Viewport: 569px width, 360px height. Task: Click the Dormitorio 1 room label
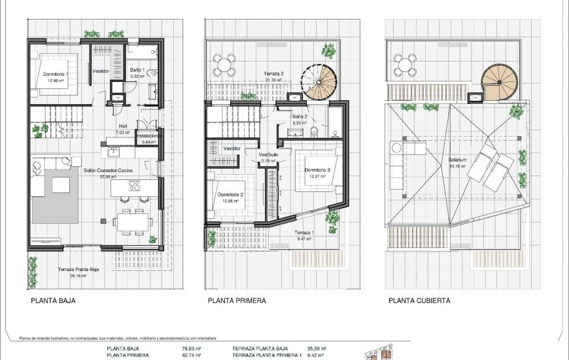56,74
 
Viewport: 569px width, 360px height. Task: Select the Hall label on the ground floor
122,128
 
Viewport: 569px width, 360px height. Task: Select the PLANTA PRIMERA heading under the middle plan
237,301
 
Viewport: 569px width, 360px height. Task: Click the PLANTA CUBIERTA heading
419,301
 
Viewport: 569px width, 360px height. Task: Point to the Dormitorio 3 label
317,170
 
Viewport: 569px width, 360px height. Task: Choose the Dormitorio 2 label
231,195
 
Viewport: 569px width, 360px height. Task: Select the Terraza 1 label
303,234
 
